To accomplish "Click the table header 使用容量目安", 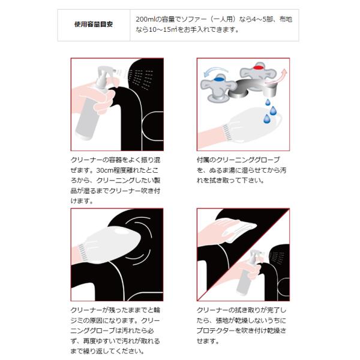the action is (94, 25).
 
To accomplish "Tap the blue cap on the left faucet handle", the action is (219, 79).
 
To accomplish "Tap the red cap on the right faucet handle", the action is (258, 67).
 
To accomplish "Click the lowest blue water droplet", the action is (267, 119).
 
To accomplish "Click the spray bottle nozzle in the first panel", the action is (103, 73).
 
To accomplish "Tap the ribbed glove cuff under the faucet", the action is (227, 133).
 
